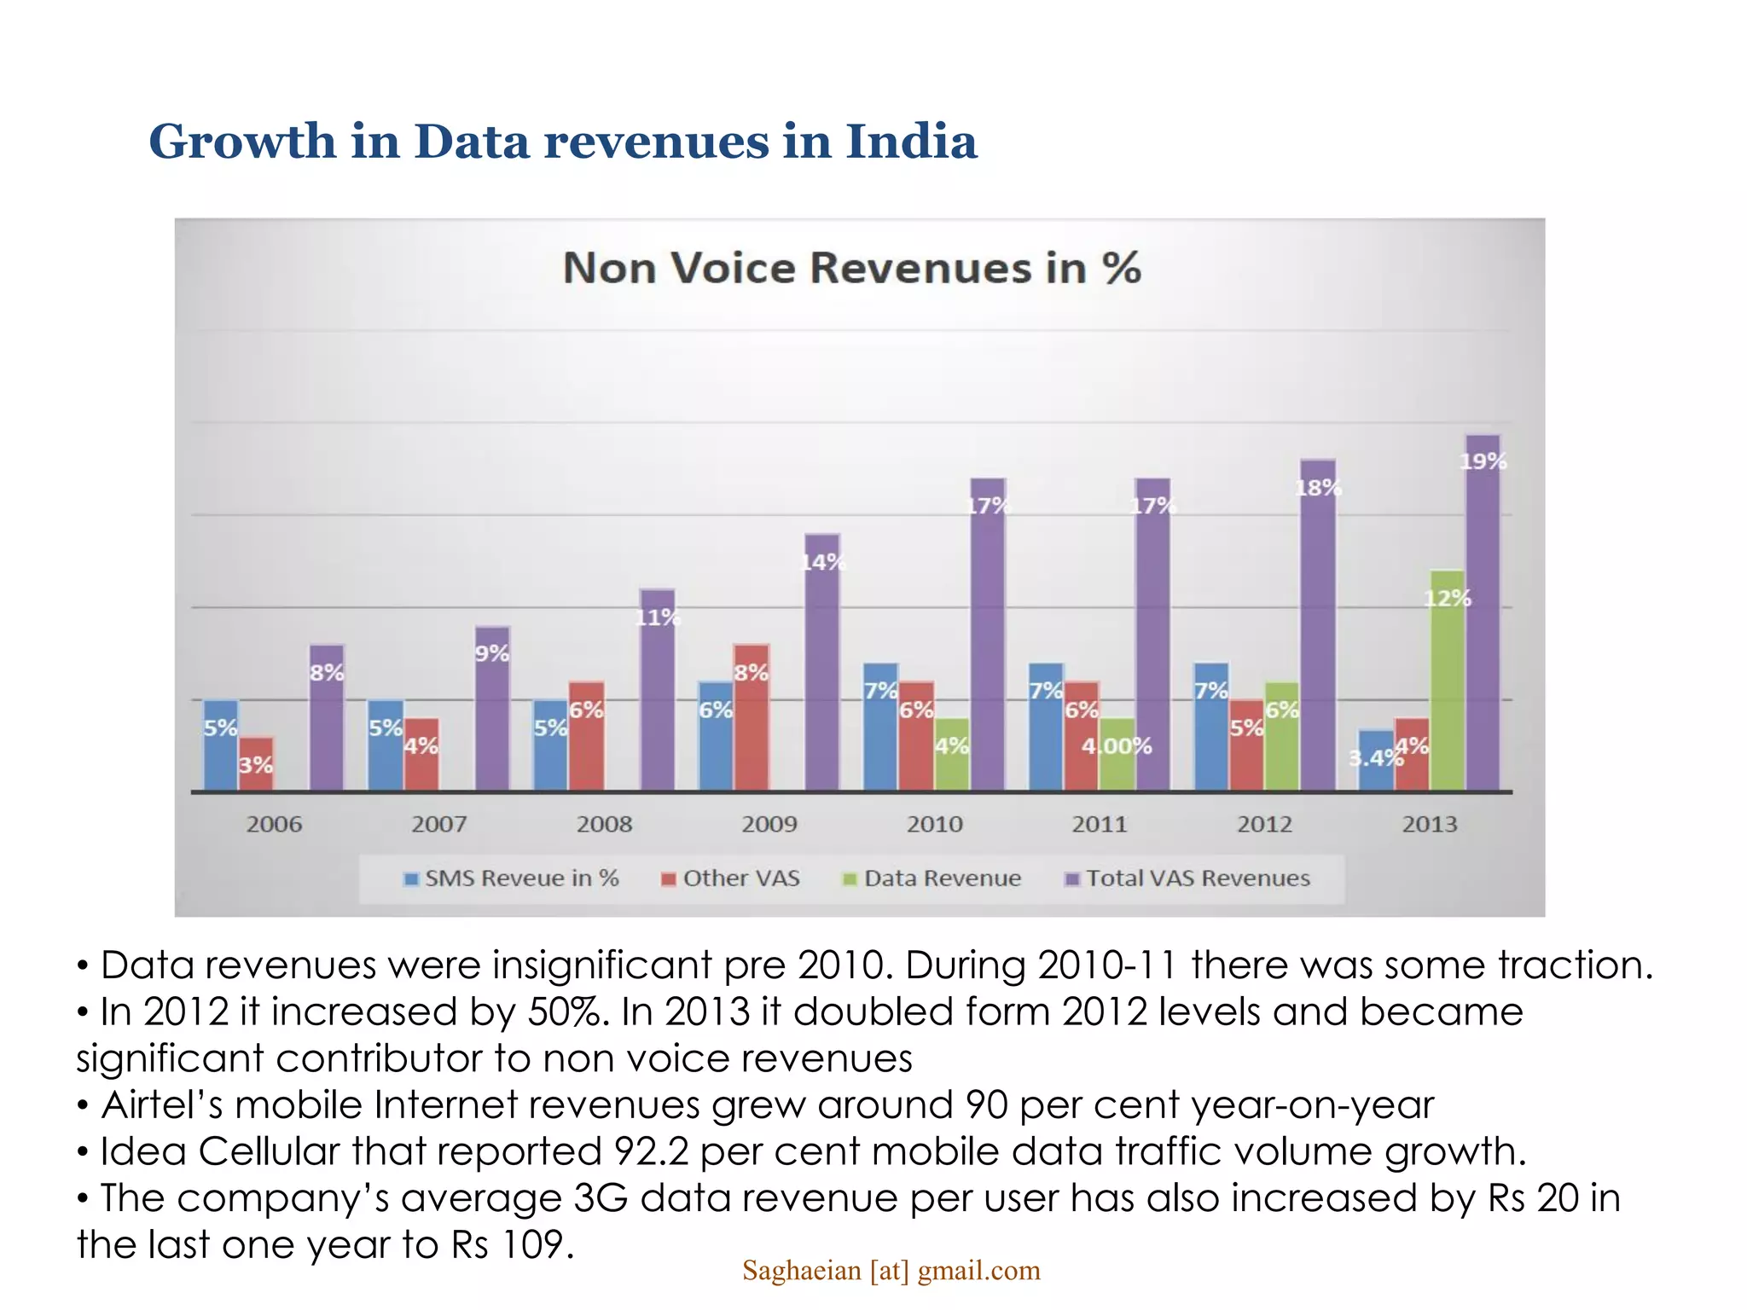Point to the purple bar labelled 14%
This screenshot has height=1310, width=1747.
822,665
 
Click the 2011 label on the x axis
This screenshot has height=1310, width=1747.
1100,824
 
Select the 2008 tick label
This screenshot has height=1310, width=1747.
604,824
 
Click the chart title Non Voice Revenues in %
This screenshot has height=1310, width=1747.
851,268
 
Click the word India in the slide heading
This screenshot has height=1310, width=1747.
911,141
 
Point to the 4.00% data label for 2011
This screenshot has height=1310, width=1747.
1117,746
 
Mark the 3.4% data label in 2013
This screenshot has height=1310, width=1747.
1373,757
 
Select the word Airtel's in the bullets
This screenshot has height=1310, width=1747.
162,1105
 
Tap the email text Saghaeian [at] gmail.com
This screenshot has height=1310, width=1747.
891,1271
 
